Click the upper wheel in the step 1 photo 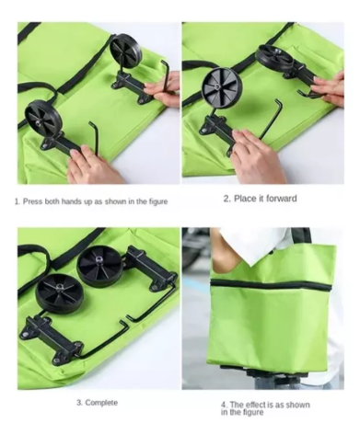(x=126, y=50)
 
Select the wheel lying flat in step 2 (x=274, y=57)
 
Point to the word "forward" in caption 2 (x=282, y=199)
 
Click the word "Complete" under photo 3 (x=101, y=403)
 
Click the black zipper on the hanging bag (x=272, y=284)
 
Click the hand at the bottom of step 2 (x=257, y=156)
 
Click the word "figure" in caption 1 (x=157, y=202)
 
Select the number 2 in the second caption (x=226, y=199)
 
